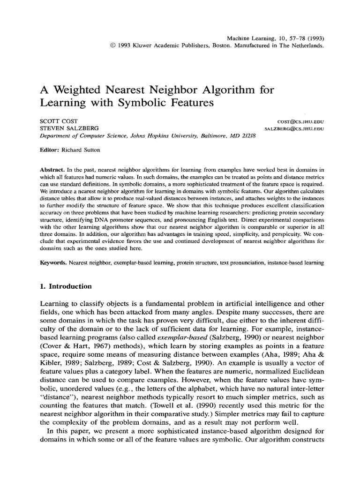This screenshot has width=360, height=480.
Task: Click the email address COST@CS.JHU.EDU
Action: pos(300,121)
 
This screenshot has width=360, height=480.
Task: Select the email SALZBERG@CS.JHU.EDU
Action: pos(294,128)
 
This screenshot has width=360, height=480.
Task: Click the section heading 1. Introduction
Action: pos(65,286)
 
